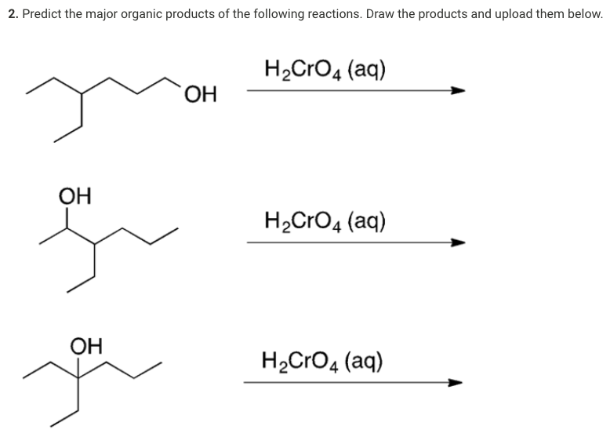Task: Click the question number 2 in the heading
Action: [11, 15]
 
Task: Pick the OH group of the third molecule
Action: [85, 344]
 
